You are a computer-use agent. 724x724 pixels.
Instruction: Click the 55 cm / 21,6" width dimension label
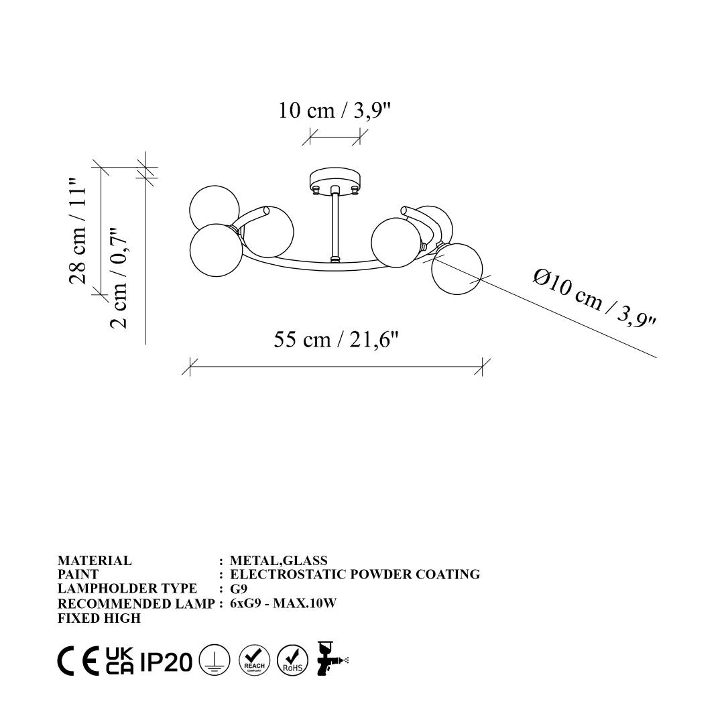click(336, 341)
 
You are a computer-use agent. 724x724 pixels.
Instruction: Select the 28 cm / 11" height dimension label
click(78, 231)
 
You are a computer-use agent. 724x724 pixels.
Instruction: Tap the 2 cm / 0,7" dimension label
click(118, 278)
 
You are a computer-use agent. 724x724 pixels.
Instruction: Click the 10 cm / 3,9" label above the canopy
click(335, 111)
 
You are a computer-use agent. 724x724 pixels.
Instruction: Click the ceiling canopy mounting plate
click(335, 180)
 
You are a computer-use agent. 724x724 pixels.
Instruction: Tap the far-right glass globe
click(457, 268)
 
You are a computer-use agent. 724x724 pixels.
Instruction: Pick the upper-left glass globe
click(215, 208)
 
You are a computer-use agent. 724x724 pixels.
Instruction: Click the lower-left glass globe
click(216, 250)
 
